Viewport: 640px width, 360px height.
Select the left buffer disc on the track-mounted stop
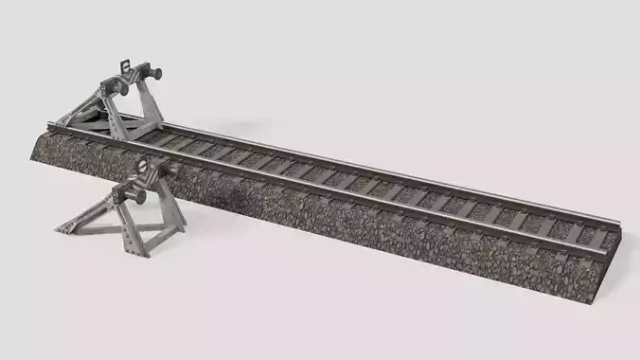pyautogui.click(x=122, y=88)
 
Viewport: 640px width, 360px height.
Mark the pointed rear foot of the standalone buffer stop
pyautogui.click(x=60, y=228)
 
